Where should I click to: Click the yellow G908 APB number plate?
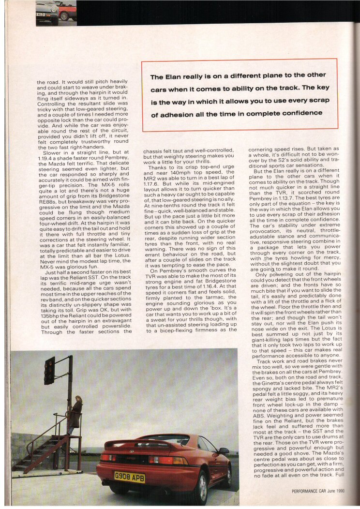pyautogui.click(x=129, y=478)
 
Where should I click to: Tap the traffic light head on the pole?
pyautogui.click(x=49, y=370)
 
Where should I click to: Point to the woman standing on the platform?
pyautogui.click(x=75, y=414)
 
